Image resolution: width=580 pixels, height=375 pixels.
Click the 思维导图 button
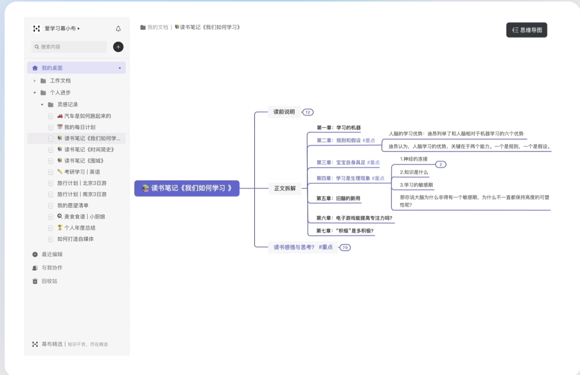pos(526,30)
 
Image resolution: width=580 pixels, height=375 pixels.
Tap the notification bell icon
pos(118,29)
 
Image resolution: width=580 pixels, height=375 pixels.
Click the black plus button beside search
pos(118,47)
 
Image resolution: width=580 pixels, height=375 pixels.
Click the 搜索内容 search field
pos(69,47)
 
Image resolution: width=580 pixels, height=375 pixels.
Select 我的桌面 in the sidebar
pos(52,68)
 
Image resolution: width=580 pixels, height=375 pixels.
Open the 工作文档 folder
pos(60,81)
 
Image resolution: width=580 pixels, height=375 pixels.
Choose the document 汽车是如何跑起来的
pos(87,116)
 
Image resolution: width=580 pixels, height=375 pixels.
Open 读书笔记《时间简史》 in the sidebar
pos(89,150)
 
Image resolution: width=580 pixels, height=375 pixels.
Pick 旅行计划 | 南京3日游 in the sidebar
pos(82,194)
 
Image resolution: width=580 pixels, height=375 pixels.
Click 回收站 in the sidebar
pos(49,281)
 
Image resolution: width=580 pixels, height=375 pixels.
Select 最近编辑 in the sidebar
pos(52,254)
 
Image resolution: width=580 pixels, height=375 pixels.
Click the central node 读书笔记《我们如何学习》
pos(187,188)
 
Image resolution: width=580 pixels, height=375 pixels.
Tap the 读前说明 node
pos(284,112)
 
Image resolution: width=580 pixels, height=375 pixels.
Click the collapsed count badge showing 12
pos(308,112)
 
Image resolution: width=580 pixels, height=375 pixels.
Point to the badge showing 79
pos(345,248)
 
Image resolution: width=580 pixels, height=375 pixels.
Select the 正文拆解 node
pos(285,188)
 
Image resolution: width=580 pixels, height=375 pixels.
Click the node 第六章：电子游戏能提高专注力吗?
pos(354,218)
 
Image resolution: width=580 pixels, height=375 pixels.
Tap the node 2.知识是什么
pos(414,172)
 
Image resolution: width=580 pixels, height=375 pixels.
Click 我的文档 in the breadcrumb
pos(158,27)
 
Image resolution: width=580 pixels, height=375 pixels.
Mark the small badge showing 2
pos(441,164)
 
